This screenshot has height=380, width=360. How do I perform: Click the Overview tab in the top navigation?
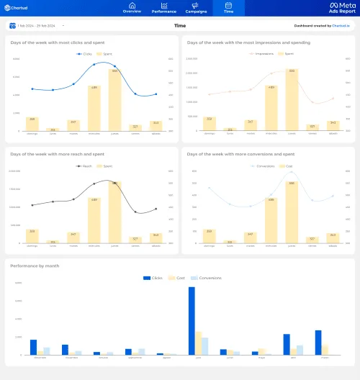pos(132,8)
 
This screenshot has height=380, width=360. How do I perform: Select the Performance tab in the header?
pos(163,8)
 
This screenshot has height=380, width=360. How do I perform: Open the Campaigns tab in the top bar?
pos(196,8)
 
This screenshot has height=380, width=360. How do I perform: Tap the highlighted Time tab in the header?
pos(228,8)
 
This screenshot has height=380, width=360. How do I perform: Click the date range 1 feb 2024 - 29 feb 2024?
pos(35,26)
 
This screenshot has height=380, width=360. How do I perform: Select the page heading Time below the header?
pos(180,26)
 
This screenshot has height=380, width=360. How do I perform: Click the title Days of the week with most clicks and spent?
pos(50,42)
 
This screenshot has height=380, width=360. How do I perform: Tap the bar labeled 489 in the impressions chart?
pos(271,108)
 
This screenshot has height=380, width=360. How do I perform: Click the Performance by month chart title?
pos(35,266)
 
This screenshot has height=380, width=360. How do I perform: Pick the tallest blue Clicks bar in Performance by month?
pos(192,320)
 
